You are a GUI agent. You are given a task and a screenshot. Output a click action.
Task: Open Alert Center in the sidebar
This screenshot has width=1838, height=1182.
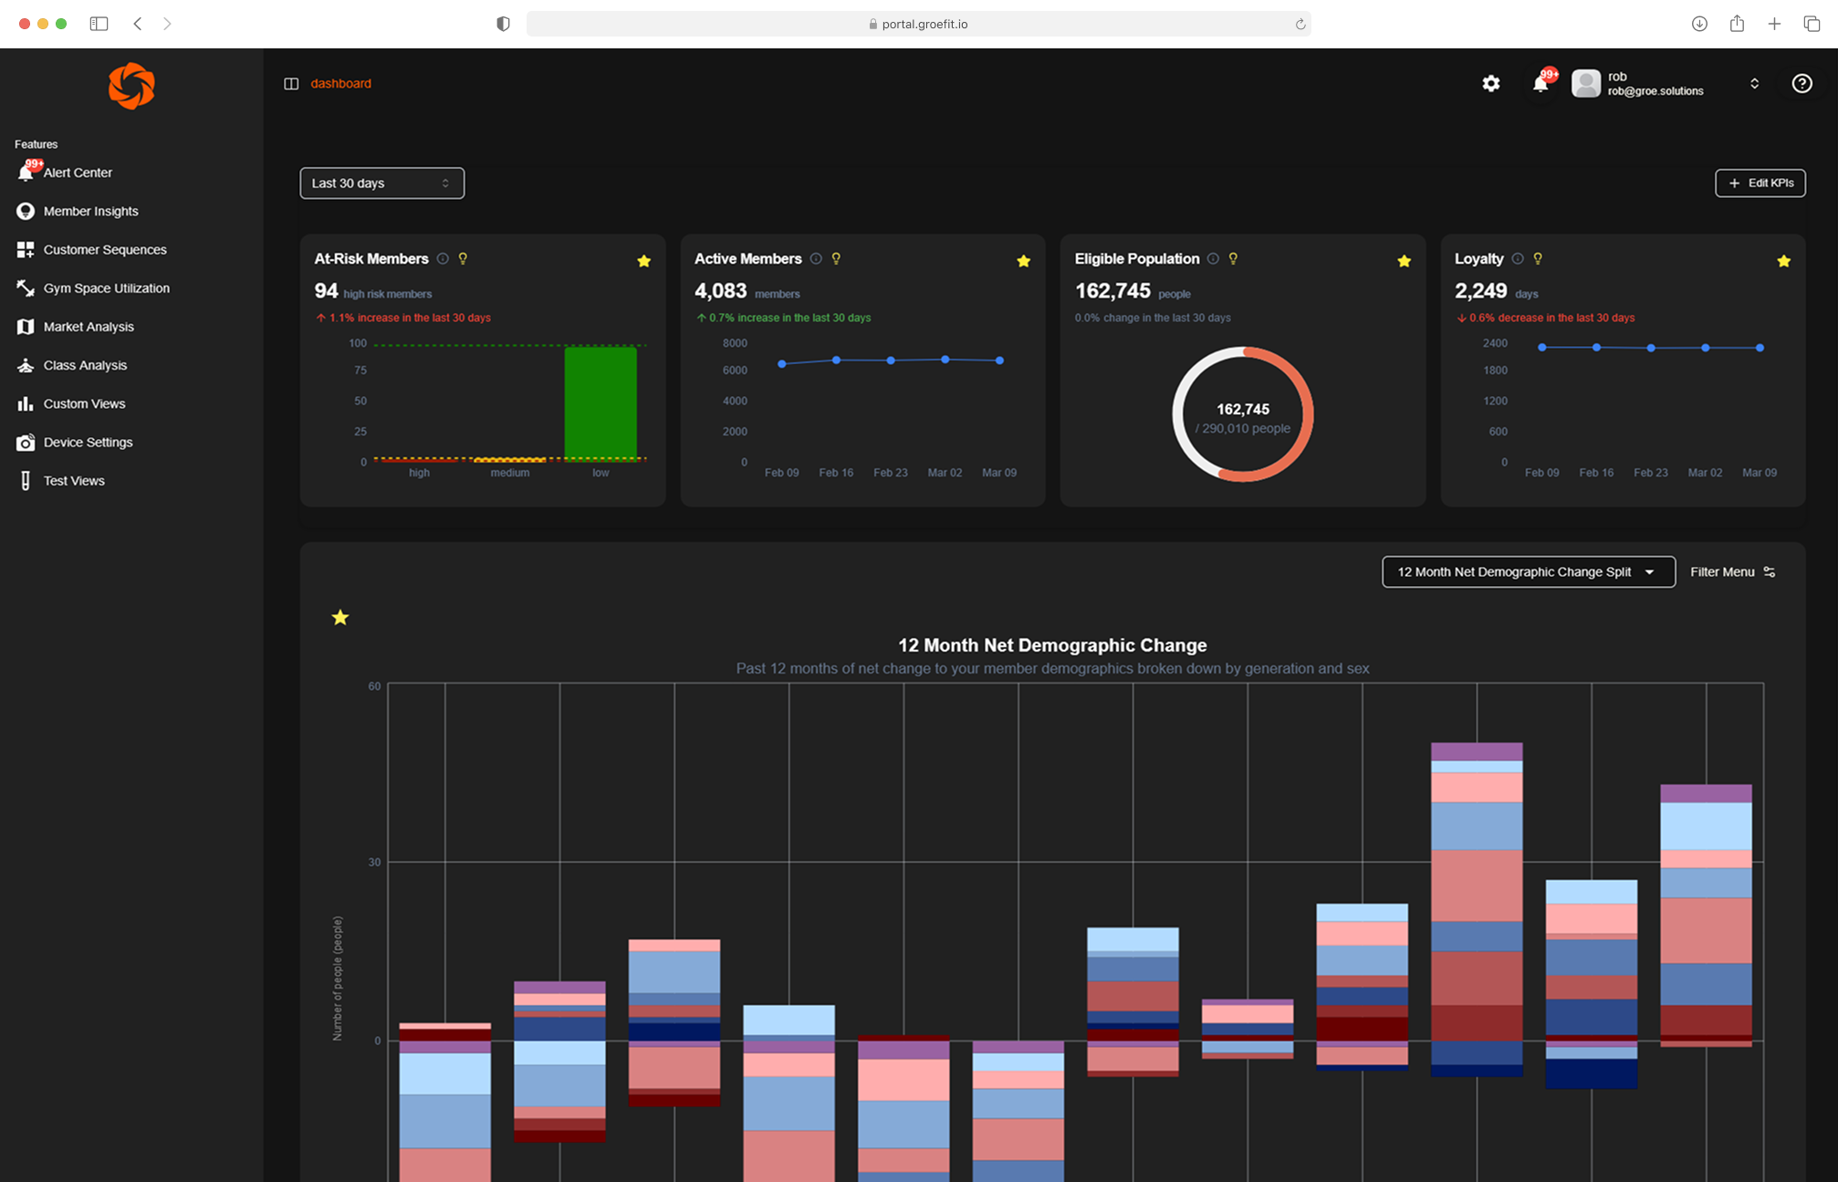pyautogui.click(x=77, y=173)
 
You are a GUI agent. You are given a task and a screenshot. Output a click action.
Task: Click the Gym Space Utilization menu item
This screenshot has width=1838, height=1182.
pyautogui.click(x=106, y=288)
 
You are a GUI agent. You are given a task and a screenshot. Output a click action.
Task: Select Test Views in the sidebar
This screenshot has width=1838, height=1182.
pyautogui.click(x=73, y=481)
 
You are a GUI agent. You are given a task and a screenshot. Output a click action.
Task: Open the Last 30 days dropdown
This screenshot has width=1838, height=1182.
pyautogui.click(x=381, y=183)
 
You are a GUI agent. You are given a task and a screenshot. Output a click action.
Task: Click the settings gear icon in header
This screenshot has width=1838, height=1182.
pyautogui.click(x=1490, y=84)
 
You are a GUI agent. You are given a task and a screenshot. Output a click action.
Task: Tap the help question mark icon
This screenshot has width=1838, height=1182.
pyautogui.click(x=1801, y=84)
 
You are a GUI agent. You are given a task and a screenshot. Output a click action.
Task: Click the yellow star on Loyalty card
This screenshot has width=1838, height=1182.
pyautogui.click(x=1783, y=262)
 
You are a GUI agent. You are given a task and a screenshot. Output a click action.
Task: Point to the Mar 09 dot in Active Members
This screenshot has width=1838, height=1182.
pyautogui.click(x=999, y=361)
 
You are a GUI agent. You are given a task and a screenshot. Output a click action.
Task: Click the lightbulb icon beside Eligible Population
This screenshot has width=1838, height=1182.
pyautogui.click(x=1233, y=259)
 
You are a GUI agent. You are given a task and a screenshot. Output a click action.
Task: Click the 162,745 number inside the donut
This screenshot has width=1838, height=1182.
pyautogui.click(x=1242, y=410)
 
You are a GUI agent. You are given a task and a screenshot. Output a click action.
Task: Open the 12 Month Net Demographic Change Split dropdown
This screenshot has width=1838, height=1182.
pyautogui.click(x=1528, y=572)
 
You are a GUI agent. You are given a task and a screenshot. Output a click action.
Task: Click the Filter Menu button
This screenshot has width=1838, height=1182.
pyautogui.click(x=1731, y=572)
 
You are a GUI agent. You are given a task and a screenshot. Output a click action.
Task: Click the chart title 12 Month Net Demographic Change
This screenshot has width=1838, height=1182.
pyautogui.click(x=1051, y=645)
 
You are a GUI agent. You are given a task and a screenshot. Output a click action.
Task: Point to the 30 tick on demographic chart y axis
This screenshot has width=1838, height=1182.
pyautogui.click(x=374, y=863)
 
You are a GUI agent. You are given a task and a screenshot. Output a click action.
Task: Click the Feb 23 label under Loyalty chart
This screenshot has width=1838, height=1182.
pyautogui.click(x=1650, y=473)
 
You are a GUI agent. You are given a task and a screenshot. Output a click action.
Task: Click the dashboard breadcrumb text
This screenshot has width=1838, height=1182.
pyautogui.click(x=340, y=84)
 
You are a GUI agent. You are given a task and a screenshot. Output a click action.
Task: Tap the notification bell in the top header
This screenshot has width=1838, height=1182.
pyautogui.click(x=1540, y=84)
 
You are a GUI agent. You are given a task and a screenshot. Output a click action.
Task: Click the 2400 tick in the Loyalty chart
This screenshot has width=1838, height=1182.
pyautogui.click(x=1495, y=343)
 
